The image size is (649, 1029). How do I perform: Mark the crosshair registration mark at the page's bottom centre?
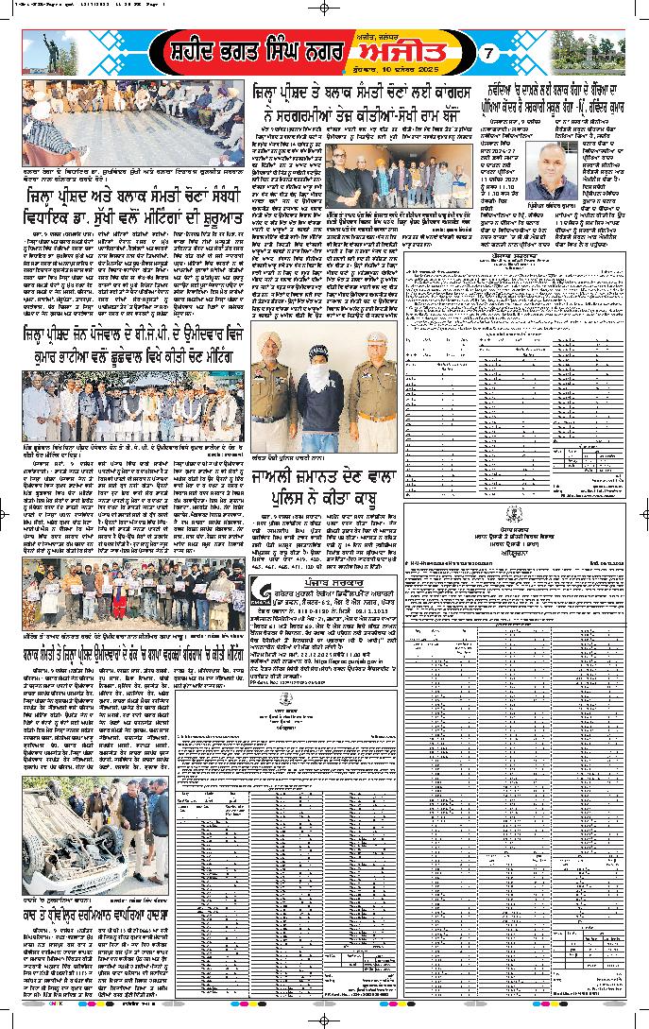[324, 1019]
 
